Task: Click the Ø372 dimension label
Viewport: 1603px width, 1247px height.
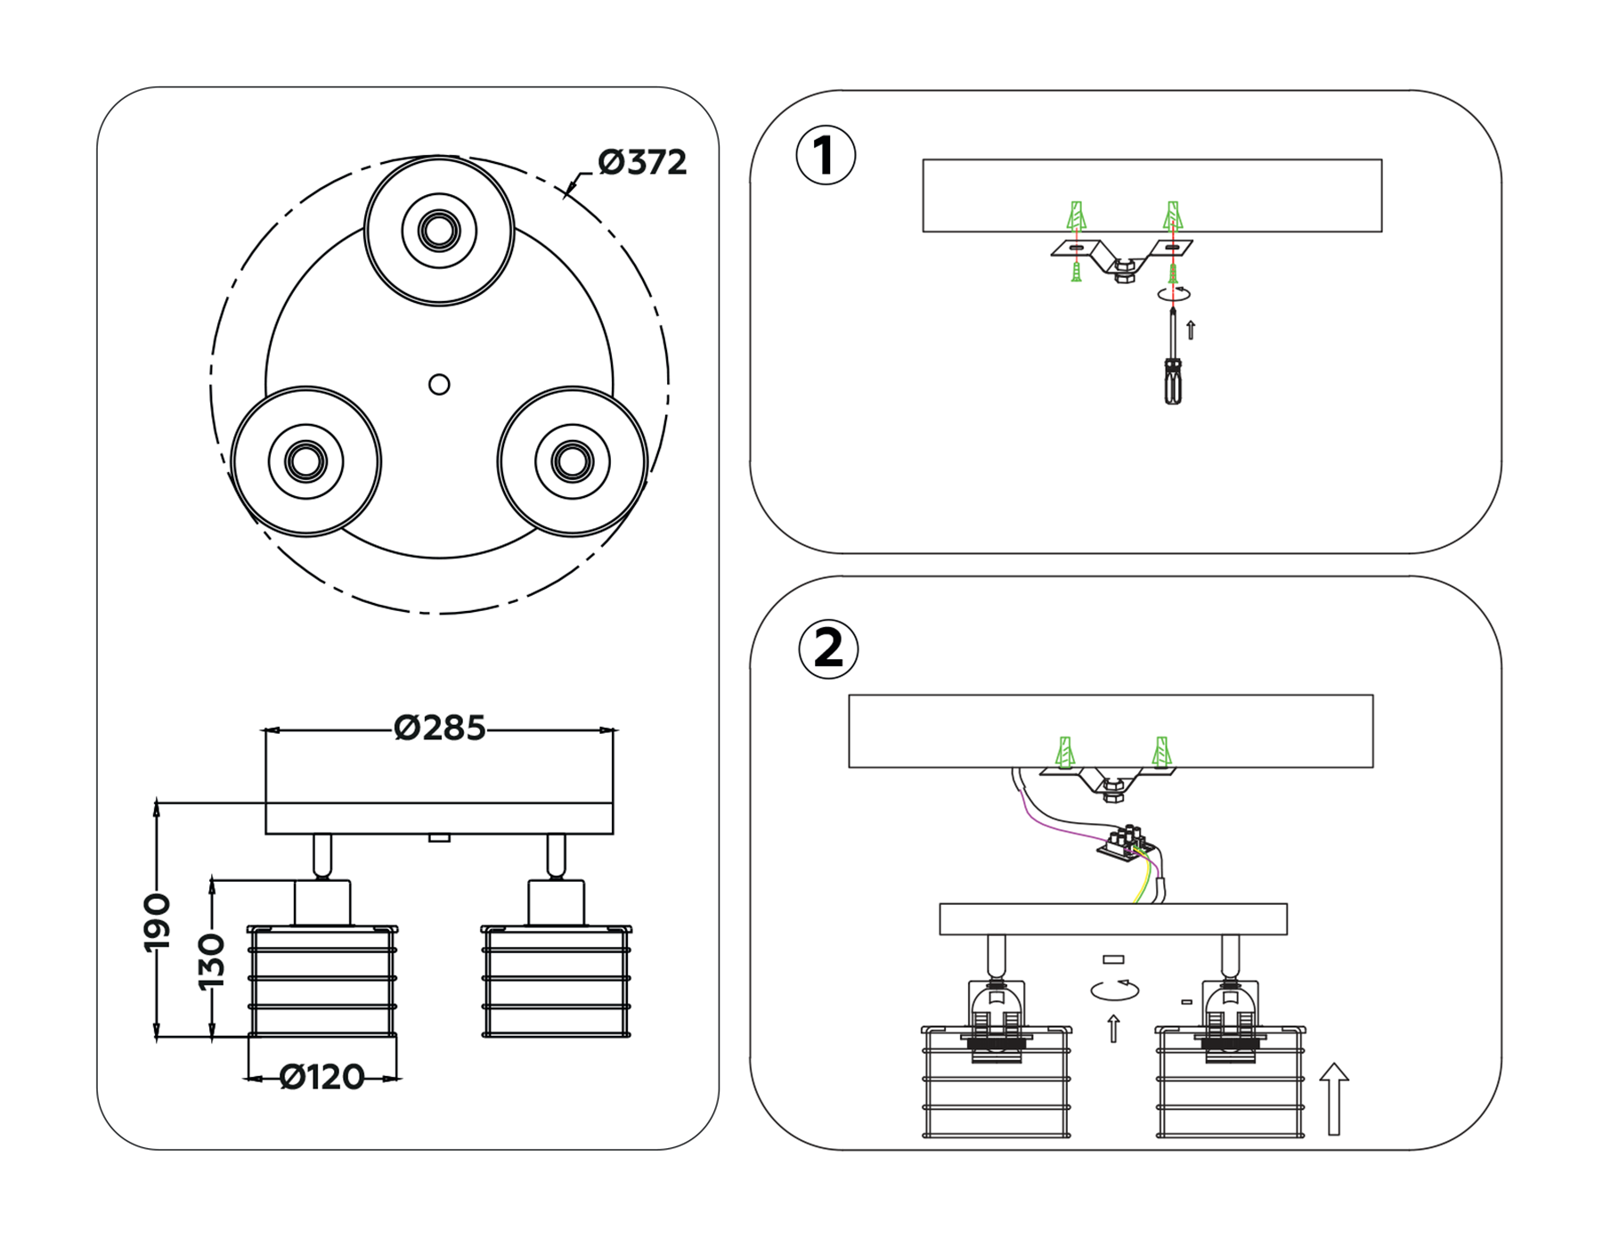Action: [x=642, y=163]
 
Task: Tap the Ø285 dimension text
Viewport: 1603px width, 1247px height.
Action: [x=439, y=729]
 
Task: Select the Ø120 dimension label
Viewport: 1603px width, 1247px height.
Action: [x=321, y=1078]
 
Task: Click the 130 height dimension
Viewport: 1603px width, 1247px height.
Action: [x=212, y=961]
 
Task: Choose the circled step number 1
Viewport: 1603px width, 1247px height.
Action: [x=826, y=156]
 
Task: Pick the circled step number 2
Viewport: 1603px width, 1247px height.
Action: [x=828, y=648]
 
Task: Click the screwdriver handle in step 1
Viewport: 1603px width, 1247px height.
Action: [x=1174, y=381]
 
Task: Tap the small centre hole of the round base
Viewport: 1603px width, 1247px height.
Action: [x=439, y=385]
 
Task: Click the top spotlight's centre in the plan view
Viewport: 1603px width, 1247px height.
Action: [x=439, y=231]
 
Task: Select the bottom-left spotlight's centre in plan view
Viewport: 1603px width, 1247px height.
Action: [x=305, y=461]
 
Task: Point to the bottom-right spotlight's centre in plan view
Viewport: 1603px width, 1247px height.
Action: [x=572, y=461]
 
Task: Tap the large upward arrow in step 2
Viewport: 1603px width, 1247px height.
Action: [x=1333, y=1099]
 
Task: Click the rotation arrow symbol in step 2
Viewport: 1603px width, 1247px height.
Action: [x=1115, y=990]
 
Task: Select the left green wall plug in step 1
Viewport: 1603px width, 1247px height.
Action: [x=1077, y=216]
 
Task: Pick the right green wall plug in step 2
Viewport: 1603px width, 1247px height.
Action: [x=1160, y=753]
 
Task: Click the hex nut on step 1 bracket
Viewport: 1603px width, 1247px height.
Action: [x=1124, y=271]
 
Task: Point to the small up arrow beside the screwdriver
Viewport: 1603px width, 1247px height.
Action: [x=1191, y=330]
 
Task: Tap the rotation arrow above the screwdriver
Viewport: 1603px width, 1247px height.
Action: [x=1174, y=293]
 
